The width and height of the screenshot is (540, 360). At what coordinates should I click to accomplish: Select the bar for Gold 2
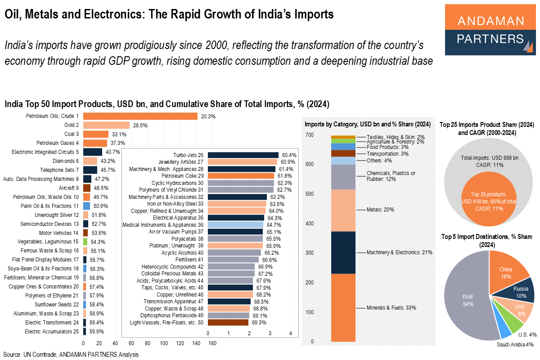click(106, 125)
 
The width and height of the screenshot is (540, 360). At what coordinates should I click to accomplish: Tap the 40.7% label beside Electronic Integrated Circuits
click(112, 152)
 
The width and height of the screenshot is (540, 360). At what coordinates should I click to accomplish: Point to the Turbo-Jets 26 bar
click(243, 155)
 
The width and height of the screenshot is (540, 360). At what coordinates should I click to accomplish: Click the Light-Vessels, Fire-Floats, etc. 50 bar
click(228, 322)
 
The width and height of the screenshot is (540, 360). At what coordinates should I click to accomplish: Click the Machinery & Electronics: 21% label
click(400, 252)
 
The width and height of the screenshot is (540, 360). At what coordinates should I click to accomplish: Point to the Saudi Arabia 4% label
click(515, 345)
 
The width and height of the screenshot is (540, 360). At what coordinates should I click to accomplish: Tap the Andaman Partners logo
click(490, 30)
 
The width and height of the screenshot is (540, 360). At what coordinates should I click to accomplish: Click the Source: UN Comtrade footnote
click(71, 355)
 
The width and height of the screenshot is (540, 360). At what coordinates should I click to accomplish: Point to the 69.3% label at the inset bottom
click(259, 323)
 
